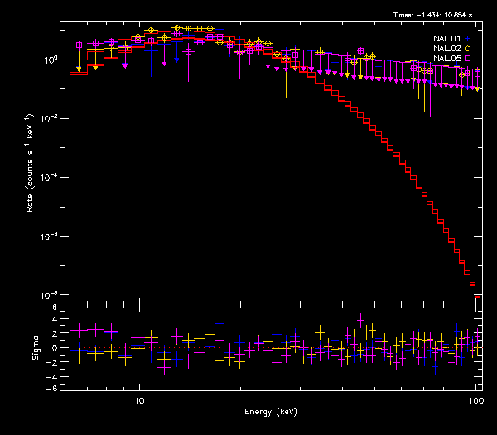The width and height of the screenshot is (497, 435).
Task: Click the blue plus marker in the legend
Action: (468, 38)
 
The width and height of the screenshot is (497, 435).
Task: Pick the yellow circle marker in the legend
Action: (468, 49)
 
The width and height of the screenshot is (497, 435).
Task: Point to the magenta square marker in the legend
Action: (468, 59)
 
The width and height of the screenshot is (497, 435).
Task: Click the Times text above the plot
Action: (435, 15)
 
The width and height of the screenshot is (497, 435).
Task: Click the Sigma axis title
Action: (35, 348)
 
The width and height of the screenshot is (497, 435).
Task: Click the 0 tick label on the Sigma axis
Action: (55, 348)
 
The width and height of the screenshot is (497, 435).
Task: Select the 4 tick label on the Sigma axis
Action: (55, 320)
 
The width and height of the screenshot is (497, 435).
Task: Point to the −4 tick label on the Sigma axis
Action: (53, 375)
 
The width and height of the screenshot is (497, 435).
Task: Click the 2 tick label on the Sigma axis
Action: (55, 334)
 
